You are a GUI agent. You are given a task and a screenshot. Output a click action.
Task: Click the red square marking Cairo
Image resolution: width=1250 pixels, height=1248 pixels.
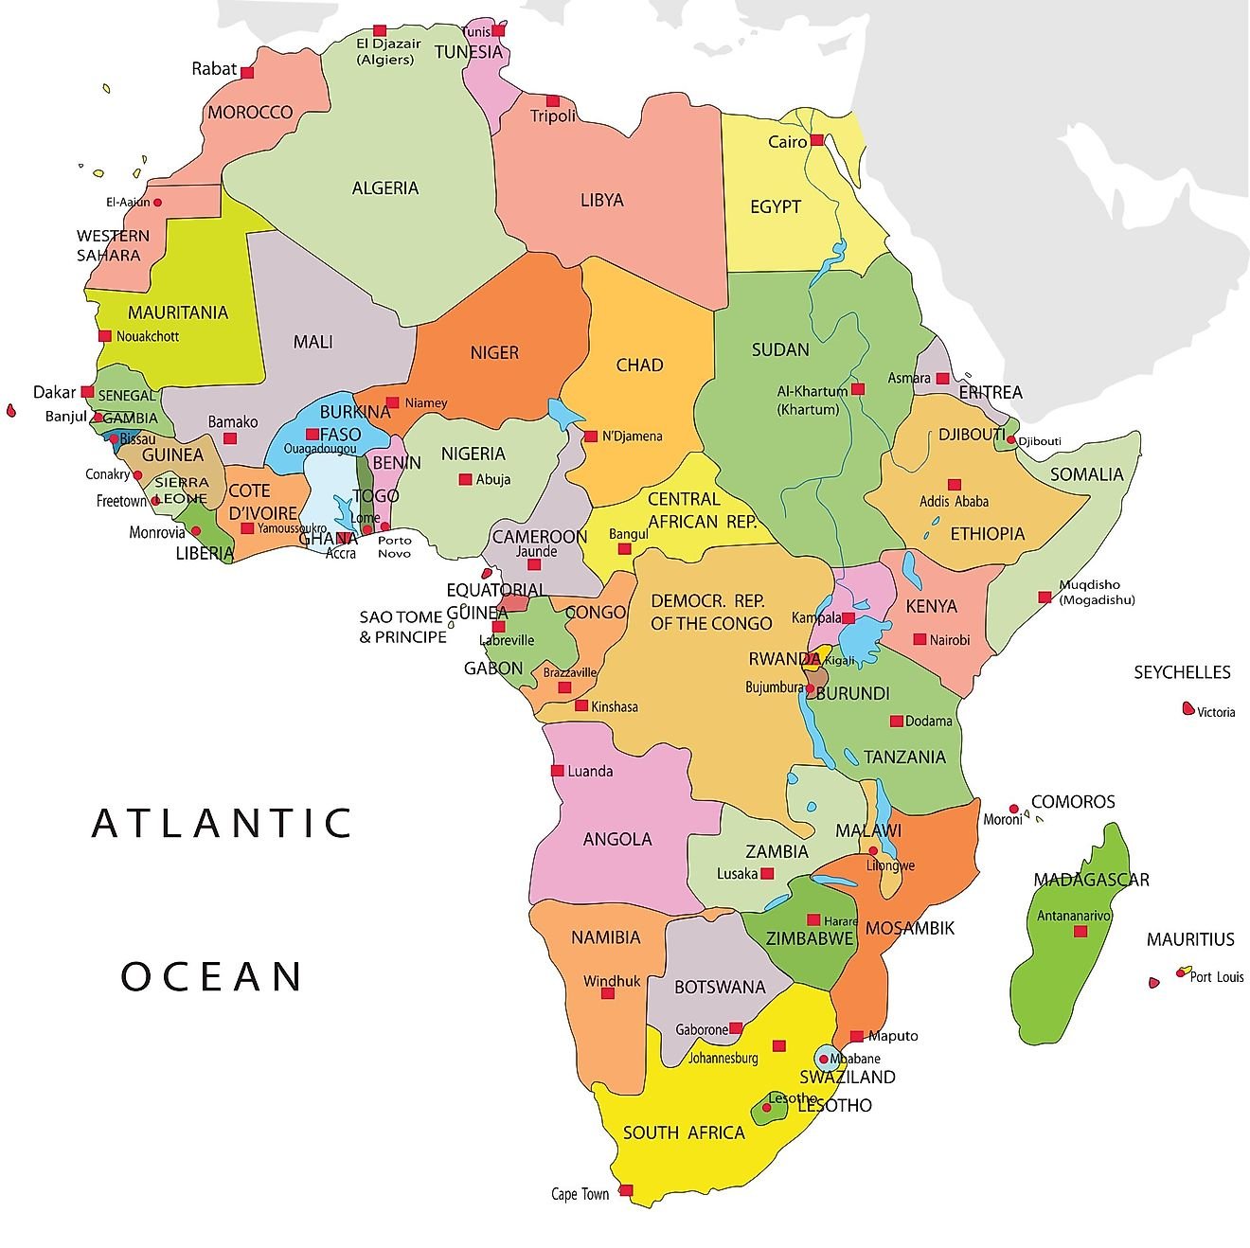(x=817, y=140)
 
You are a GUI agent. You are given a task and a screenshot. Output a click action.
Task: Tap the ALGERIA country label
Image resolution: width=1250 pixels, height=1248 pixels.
(x=384, y=187)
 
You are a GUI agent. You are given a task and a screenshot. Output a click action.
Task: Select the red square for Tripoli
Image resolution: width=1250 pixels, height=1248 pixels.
(x=552, y=100)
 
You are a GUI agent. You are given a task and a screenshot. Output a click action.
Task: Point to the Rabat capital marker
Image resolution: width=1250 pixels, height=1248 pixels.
(x=247, y=72)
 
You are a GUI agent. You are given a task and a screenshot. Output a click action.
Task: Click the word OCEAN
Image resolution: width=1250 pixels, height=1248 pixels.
(x=213, y=976)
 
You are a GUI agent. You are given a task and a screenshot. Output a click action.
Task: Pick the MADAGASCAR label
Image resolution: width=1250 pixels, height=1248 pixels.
(x=1091, y=880)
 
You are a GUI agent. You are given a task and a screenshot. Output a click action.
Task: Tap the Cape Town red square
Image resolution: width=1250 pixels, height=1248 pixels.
(x=625, y=1190)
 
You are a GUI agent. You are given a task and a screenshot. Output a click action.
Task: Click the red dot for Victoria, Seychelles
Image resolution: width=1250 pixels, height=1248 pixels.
(x=1187, y=708)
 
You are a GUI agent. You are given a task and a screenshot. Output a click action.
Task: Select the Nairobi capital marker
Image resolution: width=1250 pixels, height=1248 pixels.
(x=919, y=639)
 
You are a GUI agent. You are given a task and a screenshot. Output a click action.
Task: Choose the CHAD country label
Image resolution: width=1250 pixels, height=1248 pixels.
(x=639, y=365)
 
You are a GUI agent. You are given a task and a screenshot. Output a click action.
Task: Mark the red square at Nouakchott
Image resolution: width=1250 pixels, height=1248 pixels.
(x=105, y=335)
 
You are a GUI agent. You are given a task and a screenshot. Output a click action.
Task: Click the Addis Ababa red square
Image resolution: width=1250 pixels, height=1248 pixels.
(x=954, y=484)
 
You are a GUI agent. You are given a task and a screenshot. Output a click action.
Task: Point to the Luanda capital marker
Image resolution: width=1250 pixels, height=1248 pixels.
(x=557, y=770)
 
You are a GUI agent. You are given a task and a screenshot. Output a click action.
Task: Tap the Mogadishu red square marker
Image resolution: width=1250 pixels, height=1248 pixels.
(x=1045, y=597)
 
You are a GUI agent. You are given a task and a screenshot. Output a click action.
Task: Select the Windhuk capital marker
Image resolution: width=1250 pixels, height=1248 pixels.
(x=607, y=993)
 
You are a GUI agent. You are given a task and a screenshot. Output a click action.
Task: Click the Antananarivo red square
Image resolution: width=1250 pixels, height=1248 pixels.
(x=1080, y=932)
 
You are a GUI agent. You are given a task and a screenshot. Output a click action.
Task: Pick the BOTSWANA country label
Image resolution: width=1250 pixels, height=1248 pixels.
(x=720, y=987)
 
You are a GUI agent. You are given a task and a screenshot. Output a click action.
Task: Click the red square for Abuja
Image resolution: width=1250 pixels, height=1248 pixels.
(x=465, y=479)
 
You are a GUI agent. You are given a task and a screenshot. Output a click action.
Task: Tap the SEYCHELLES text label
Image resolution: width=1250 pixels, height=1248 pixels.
(x=1182, y=672)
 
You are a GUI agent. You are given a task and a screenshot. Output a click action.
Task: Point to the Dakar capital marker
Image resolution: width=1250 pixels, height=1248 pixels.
(x=87, y=391)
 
